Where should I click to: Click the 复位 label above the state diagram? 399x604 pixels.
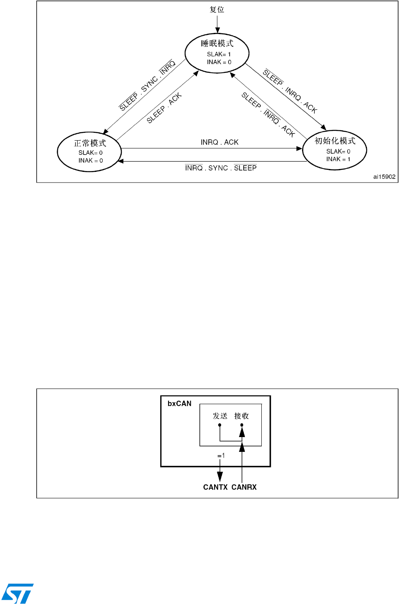click(x=217, y=9)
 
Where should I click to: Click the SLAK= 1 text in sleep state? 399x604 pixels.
click(x=219, y=54)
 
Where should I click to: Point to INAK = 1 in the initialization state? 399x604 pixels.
click(x=338, y=159)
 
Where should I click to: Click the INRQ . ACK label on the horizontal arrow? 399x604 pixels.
click(x=219, y=142)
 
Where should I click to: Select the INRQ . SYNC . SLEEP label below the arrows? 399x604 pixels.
click(x=221, y=168)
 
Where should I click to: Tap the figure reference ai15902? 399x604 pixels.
click(x=384, y=177)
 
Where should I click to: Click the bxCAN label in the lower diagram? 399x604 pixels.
click(x=180, y=403)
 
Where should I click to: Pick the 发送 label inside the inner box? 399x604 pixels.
click(x=220, y=416)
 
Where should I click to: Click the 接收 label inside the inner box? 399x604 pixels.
click(x=242, y=416)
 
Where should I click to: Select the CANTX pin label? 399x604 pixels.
click(x=215, y=487)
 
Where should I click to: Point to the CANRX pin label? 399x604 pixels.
click(x=244, y=487)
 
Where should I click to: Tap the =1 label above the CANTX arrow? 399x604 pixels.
click(x=221, y=456)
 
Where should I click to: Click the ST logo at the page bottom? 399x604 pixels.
click(x=17, y=593)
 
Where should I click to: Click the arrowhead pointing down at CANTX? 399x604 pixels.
click(x=220, y=477)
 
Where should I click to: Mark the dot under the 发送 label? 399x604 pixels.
click(x=220, y=425)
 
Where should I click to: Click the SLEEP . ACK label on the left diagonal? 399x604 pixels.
click(x=164, y=108)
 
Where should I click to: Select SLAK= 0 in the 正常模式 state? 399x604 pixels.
click(x=90, y=153)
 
